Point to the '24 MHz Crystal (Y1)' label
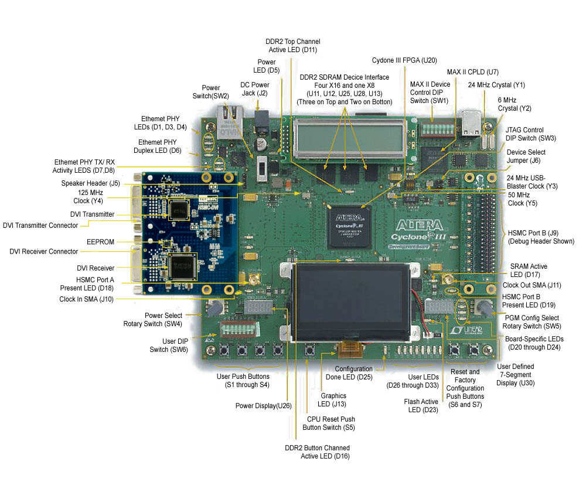pyautogui.click(x=496, y=85)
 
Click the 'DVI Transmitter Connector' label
pyautogui.click(x=40, y=225)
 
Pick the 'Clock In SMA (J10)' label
pyautogui.click(x=87, y=299)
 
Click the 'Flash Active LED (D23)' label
pyautogui.click(x=421, y=405)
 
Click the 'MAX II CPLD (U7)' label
pyautogui.click(x=472, y=72)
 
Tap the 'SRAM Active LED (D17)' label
pyautogui.click(x=529, y=270)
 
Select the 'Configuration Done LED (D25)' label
pyautogui.click(x=353, y=372)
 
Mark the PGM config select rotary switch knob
pyautogui.click(x=484, y=307)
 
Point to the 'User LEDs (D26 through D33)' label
pyautogui.click(x=415, y=381)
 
